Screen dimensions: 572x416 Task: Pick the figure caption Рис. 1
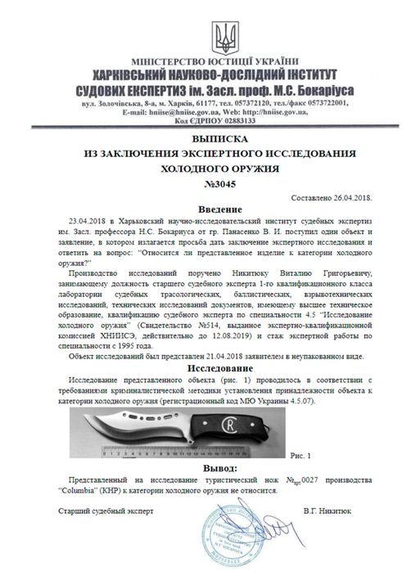click(302, 453)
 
